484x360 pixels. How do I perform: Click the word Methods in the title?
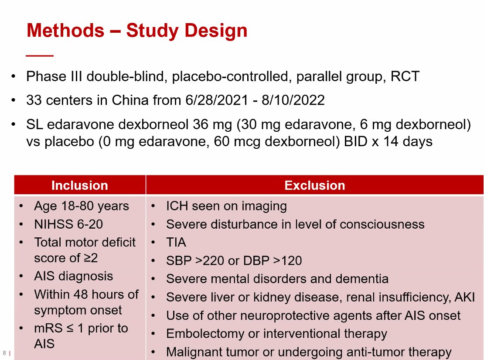click(65, 31)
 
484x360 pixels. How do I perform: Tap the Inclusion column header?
click(79, 185)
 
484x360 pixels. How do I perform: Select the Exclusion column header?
click(314, 185)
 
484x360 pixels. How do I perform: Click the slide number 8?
click(4, 353)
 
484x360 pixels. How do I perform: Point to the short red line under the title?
click(40, 56)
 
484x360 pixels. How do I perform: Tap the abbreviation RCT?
click(405, 77)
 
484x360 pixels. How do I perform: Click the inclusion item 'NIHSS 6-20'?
click(68, 224)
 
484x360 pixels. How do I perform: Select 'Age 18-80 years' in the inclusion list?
click(82, 206)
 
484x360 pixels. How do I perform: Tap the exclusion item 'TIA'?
click(176, 242)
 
